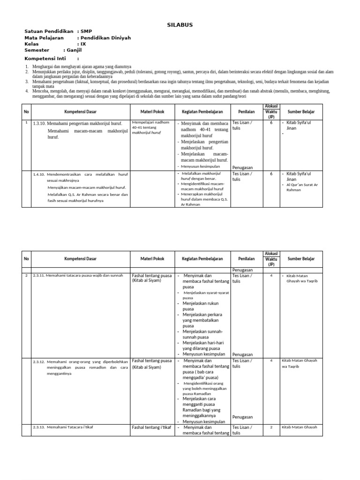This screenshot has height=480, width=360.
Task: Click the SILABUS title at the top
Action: (180, 25)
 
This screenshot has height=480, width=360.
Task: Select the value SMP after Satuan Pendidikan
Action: (86, 31)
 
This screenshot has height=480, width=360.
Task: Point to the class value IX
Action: (83, 44)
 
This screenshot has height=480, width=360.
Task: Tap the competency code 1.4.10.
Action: (38, 174)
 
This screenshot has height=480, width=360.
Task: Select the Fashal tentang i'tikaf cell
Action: (151, 427)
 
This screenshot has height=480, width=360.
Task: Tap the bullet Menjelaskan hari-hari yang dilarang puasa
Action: (204, 345)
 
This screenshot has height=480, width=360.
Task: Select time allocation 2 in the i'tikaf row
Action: (271, 427)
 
